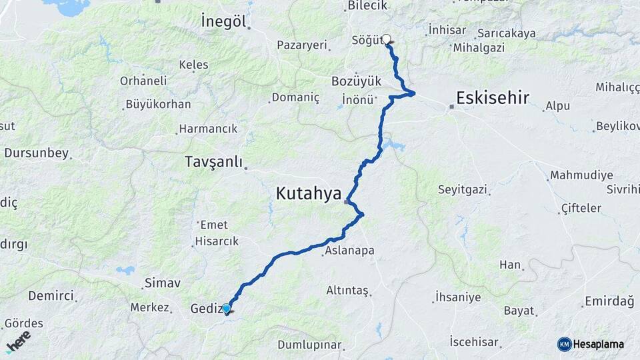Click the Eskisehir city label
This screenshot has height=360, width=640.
click(x=492, y=99)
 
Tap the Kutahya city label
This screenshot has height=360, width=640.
click(x=309, y=194)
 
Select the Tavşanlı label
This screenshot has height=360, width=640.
click(x=213, y=161)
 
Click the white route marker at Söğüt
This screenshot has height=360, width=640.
click(x=387, y=39)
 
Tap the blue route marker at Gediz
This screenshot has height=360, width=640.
click(x=227, y=309)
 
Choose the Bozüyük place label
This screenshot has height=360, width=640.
click(x=356, y=81)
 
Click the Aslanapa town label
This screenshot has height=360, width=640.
click(x=350, y=251)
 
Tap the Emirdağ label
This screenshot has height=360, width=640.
click(x=609, y=302)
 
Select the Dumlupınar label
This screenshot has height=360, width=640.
click(x=309, y=345)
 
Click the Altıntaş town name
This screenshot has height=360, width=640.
click(x=347, y=290)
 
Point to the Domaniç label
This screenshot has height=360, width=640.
click(x=295, y=97)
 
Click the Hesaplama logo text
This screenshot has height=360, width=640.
click(x=599, y=344)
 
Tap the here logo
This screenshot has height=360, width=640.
click(x=18, y=341)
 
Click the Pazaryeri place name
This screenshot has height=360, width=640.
click(x=303, y=45)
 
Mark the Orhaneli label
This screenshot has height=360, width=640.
click(x=143, y=81)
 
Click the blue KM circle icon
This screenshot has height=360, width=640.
click(x=565, y=344)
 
